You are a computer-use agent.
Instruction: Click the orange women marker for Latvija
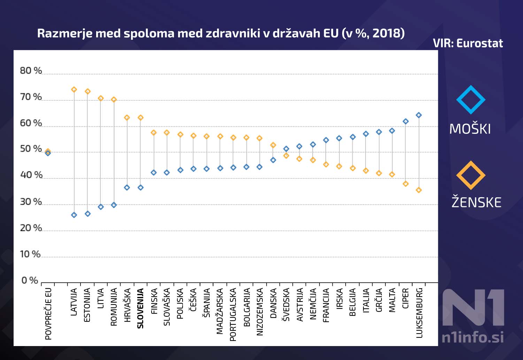click(x=74, y=90)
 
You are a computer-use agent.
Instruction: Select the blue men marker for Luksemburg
click(x=419, y=115)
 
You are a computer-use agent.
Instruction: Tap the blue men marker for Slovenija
click(x=140, y=187)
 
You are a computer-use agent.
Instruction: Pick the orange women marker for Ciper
click(x=406, y=184)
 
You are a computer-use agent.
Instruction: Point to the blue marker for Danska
click(x=273, y=160)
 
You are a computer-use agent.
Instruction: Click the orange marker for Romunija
click(x=114, y=100)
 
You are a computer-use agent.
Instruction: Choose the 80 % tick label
click(x=31, y=71)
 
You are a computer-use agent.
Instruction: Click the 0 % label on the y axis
click(x=30, y=280)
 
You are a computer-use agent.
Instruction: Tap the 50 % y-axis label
click(x=31, y=149)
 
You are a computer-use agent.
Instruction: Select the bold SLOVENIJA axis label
click(x=140, y=308)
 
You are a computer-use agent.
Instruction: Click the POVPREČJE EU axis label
click(x=48, y=314)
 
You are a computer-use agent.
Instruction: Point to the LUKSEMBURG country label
click(x=419, y=313)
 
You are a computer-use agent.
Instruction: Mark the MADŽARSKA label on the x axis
click(x=220, y=311)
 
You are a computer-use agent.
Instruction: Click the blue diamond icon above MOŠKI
click(x=471, y=100)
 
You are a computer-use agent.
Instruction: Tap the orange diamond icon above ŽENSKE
click(x=471, y=175)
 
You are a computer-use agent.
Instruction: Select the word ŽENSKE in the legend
click(x=476, y=202)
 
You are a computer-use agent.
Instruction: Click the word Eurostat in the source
click(x=479, y=43)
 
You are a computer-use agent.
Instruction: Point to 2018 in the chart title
click(x=387, y=33)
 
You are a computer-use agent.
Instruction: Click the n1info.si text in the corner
click(x=472, y=337)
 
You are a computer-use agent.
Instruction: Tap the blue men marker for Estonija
click(x=87, y=214)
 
